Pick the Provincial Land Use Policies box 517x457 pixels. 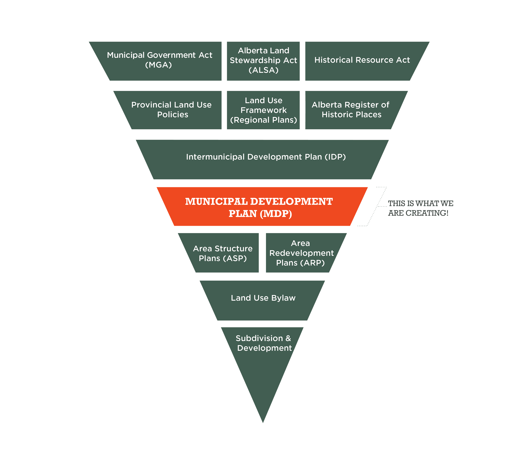tap(172, 110)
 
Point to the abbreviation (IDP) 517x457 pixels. tap(335, 157)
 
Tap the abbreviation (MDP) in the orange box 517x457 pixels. tap(276, 214)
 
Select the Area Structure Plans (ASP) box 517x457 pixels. tap(223, 253)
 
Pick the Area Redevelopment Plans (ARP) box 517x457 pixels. tap(301, 253)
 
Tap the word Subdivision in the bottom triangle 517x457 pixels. tap(259, 338)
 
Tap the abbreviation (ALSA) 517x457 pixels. tap(263, 70)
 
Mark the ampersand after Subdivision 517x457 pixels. tap(288, 338)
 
